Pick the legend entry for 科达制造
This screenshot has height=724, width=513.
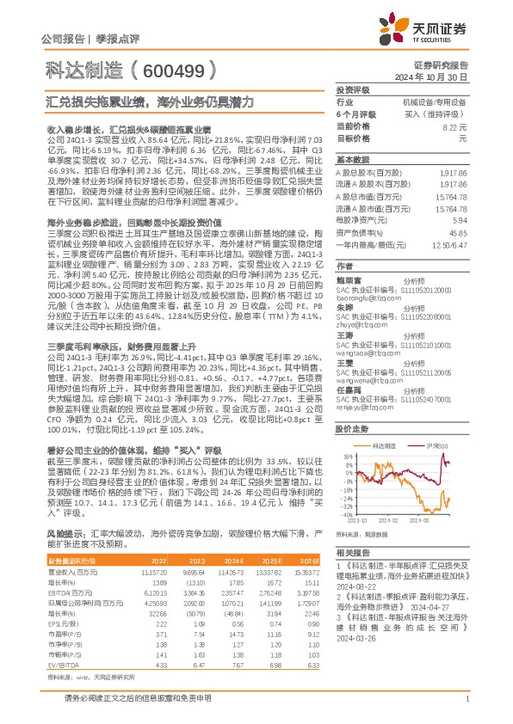tap(385, 445)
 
